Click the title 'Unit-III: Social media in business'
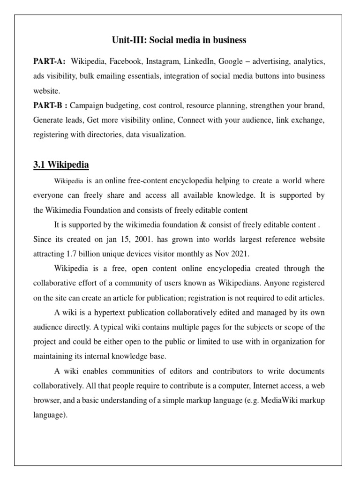click(x=179, y=40)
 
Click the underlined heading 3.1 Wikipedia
click(x=61, y=165)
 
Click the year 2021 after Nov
click(x=240, y=254)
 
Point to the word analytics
click(x=308, y=62)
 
